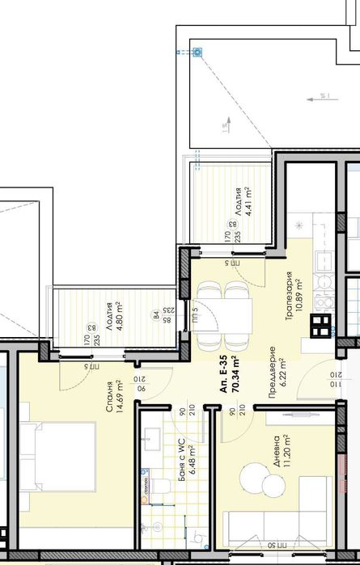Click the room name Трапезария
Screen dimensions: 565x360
[288, 296]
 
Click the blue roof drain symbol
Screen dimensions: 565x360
[197, 53]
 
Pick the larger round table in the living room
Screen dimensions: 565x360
[256, 474]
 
